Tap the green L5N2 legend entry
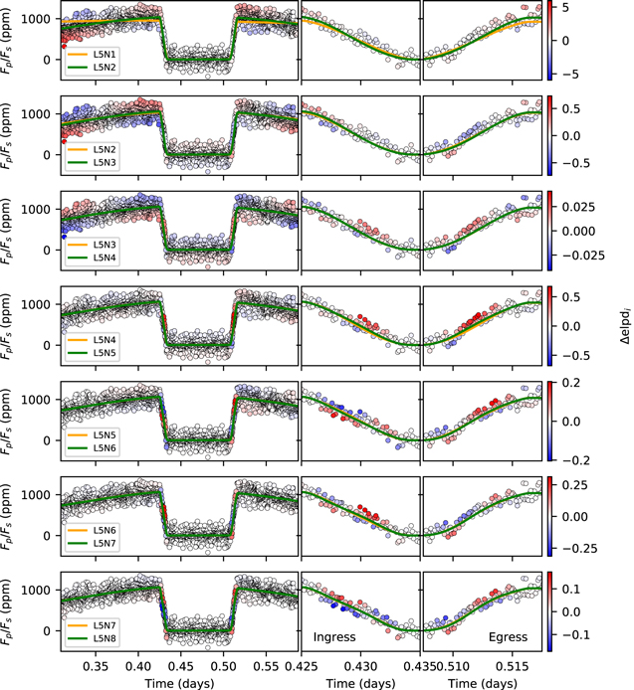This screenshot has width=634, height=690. point(104,67)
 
